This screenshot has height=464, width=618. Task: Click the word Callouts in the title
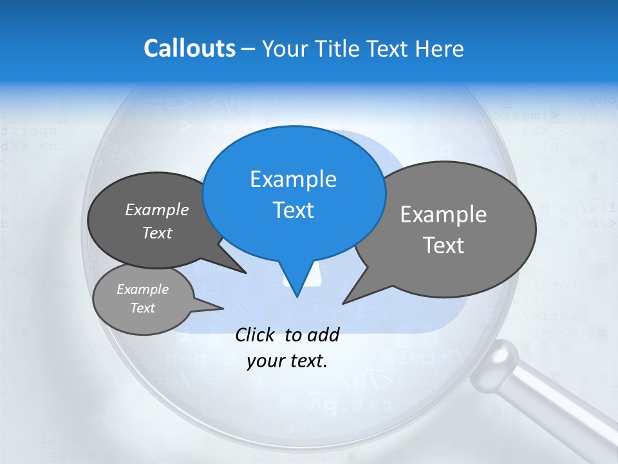click(x=189, y=48)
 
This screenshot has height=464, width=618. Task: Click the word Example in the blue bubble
click(x=293, y=179)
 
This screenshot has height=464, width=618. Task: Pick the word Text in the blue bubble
click(x=293, y=210)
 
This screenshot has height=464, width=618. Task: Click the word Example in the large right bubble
click(x=444, y=215)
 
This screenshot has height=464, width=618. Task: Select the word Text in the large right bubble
click(x=444, y=246)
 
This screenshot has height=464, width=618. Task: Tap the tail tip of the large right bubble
click(x=344, y=302)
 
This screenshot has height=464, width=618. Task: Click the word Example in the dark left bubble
click(x=156, y=209)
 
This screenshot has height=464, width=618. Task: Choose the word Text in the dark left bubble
click(x=156, y=233)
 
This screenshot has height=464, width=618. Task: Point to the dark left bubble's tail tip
click(x=245, y=273)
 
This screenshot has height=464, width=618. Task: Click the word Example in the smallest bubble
click(x=142, y=289)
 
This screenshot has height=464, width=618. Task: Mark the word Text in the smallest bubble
click(x=142, y=308)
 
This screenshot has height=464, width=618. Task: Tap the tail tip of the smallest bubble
click(x=223, y=308)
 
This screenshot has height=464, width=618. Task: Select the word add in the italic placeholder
click(x=323, y=334)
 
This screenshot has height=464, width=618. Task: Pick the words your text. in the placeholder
click(x=287, y=361)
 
